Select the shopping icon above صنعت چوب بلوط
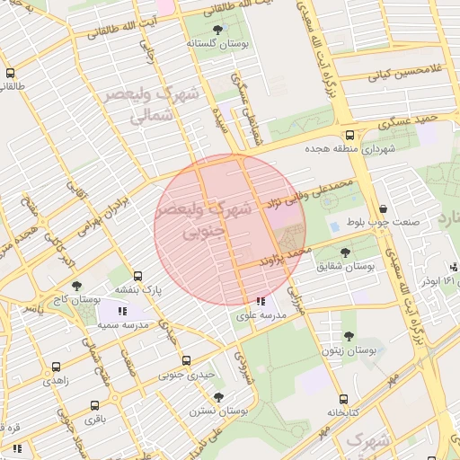point(384,209)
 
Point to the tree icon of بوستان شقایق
point(346,252)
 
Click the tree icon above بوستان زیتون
point(349,337)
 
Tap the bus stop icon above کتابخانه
point(342,400)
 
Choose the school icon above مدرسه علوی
point(261,302)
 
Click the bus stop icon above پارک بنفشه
point(137,277)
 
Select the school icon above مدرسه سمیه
point(122,311)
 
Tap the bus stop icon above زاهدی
point(57,367)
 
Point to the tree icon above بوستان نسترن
point(218,396)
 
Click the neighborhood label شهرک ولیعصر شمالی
point(148,103)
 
